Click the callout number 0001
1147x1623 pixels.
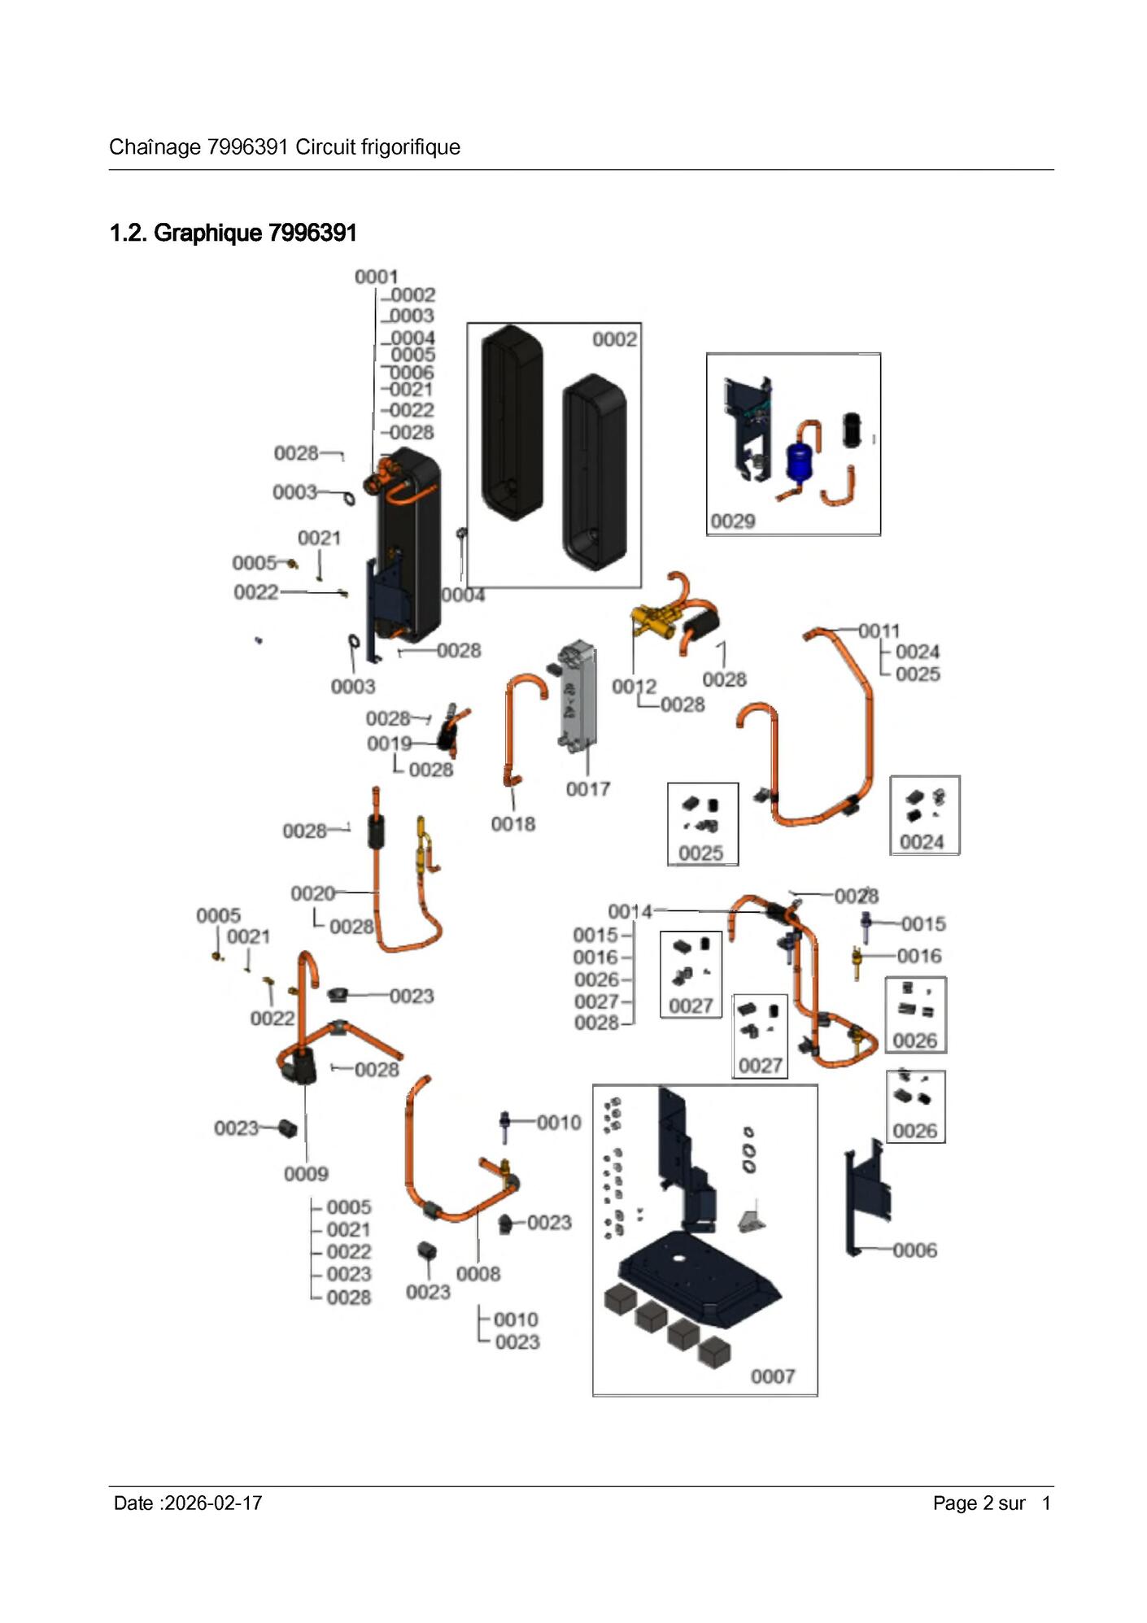pos(376,277)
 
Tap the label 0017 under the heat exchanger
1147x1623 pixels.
pos(588,789)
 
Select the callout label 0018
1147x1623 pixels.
pos(512,824)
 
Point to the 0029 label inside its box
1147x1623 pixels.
pos(733,521)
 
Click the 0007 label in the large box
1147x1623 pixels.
pos(773,1376)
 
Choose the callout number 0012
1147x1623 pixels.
pos(634,687)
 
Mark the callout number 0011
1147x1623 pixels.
pos(879,631)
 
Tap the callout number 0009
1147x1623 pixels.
pos(306,1174)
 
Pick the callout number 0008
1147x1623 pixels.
pos(478,1274)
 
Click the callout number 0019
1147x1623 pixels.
pos(389,744)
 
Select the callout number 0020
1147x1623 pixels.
pos(313,894)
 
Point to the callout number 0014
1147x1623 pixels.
pos(630,912)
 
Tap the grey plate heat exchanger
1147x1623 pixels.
pos(578,696)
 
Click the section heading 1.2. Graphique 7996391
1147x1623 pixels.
pos(233,233)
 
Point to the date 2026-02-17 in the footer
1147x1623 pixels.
pos(213,1503)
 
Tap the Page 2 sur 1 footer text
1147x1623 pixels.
pos(992,1503)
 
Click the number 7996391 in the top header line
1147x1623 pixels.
pos(248,147)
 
